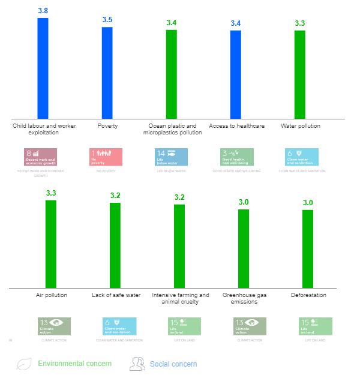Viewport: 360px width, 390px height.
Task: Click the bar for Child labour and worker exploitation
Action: pos(43,68)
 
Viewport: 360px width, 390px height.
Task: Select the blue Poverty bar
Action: pos(107,73)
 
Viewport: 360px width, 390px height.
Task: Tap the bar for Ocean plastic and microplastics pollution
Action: pos(171,74)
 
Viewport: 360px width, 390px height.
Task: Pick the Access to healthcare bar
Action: pos(235,74)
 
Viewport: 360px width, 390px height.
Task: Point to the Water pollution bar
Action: pos(299,74)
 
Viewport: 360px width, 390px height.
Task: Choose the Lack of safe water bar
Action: pos(115,245)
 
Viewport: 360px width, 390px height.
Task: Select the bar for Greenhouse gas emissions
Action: pos(244,248)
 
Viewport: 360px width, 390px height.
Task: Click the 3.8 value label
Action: pos(43,11)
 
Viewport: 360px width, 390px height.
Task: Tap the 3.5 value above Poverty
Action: pos(107,20)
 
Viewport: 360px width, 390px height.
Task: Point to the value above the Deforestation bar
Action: pos(308,202)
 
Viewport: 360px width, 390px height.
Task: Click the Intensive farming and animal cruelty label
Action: pos(180,298)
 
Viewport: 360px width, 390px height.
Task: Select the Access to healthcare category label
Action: pos(236,126)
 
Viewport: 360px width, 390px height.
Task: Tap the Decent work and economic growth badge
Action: pos(41,157)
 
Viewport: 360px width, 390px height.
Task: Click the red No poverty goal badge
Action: pos(105,157)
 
